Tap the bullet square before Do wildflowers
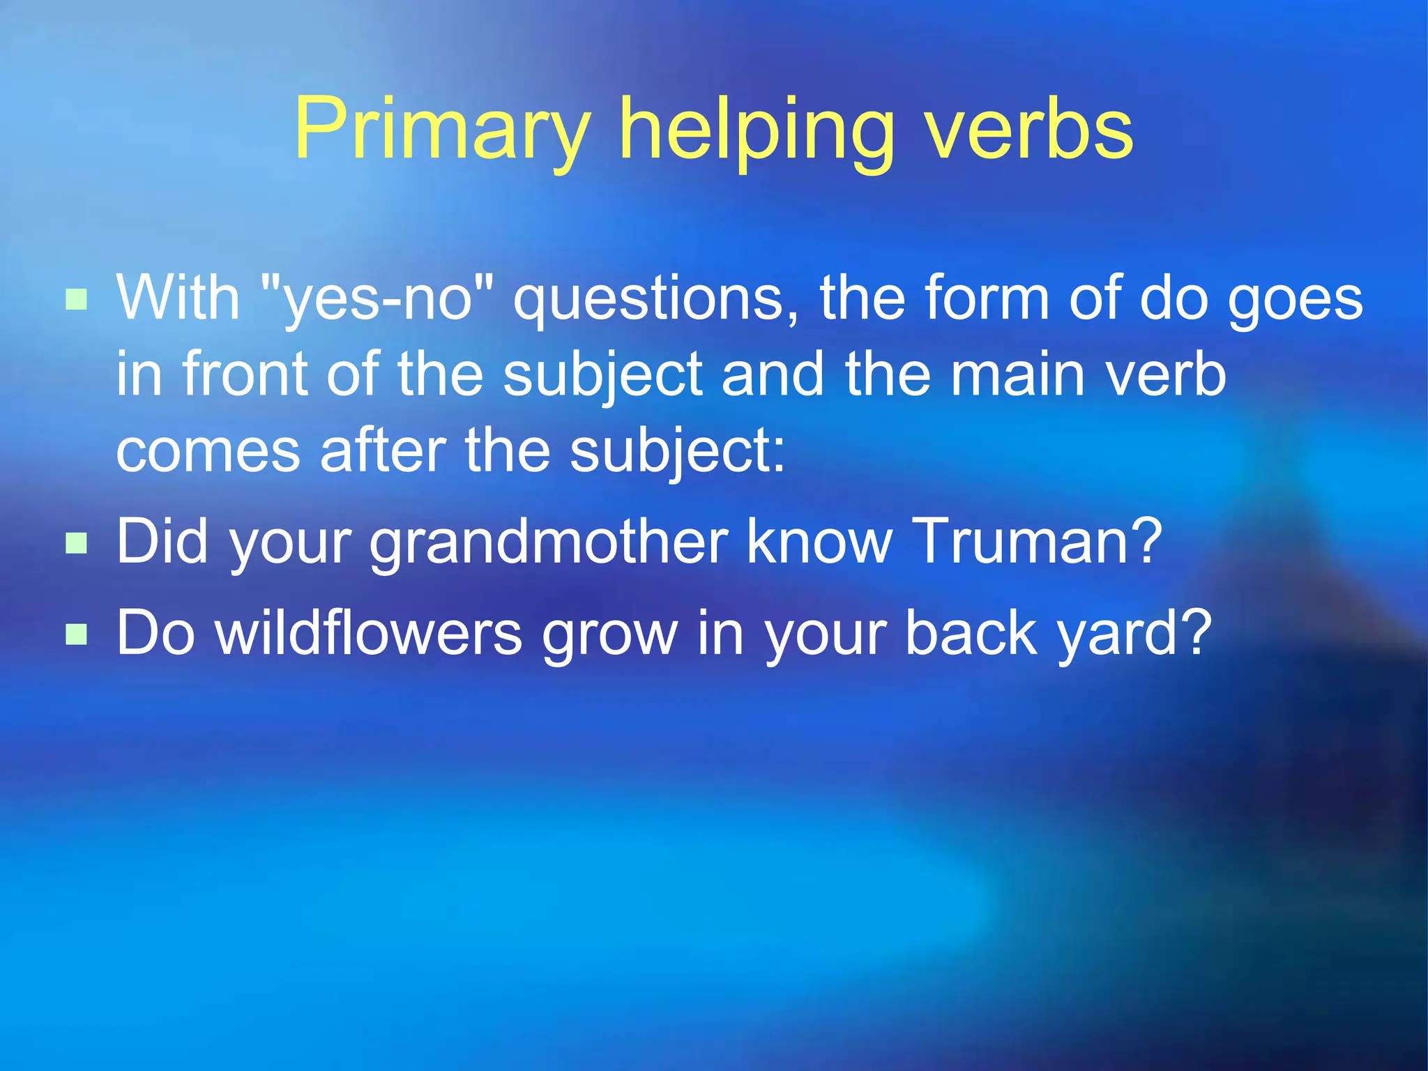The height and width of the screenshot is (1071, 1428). [x=76, y=634]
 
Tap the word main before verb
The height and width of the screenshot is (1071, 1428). [x=1018, y=375]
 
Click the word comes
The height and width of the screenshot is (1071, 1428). [x=208, y=451]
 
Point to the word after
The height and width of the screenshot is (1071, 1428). [x=383, y=451]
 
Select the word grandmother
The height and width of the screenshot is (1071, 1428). [x=549, y=542]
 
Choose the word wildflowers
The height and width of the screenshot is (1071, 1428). [x=369, y=634]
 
